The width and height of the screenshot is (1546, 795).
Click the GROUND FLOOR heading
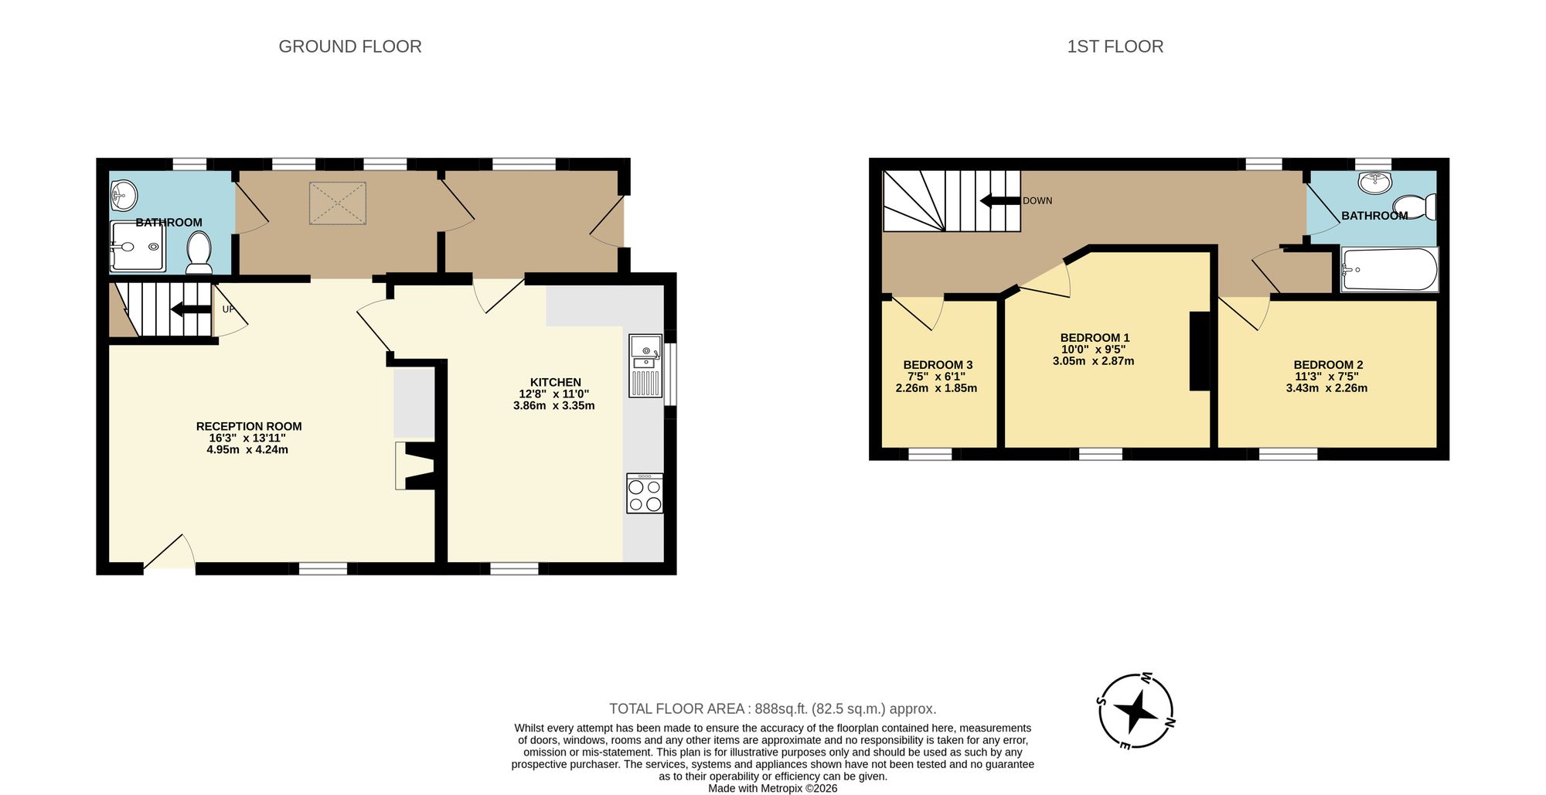[x=349, y=46]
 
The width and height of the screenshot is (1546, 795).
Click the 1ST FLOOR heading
[x=1115, y=46]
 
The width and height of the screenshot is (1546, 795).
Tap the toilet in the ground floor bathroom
[x=199, y=253]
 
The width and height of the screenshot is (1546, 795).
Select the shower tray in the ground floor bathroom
[x=137, y=247]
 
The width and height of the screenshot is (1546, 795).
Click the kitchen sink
[x=645, y=365]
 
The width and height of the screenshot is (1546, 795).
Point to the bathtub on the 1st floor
[x=1389, y=269]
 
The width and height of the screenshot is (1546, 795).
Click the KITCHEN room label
[x=555, y=382]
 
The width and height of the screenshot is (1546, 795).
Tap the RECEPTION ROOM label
[x=249, y=426]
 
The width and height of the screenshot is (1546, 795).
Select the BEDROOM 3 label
[x=938, y=365]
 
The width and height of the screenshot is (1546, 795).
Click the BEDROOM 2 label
[x=1328, y=365]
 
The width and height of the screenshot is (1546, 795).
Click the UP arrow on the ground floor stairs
[x=190, y=309]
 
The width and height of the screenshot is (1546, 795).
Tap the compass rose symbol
[x=1136, y=711]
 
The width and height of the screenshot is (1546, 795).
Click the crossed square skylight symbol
[x=338, y=203]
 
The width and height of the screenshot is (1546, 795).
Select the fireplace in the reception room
[x=417, y=466]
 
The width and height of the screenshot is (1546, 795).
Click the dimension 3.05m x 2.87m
[x=1093, y=361]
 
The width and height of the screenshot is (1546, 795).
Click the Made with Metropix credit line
[x=772, y=789]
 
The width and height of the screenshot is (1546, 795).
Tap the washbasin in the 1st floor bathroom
[x=1375, y=183]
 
